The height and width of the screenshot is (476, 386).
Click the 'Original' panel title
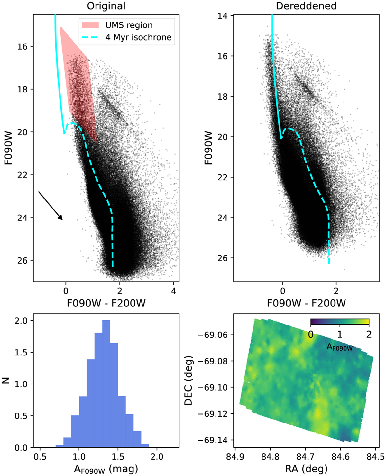pyautogui.click(x=106, y=6)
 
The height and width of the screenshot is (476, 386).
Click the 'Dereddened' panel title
pyautogui.click(x=306, y=6)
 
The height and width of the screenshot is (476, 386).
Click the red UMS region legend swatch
pyautogui.click(x=90, y=25)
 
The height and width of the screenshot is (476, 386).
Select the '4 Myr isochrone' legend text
pyautogui.click(x=138, y=37)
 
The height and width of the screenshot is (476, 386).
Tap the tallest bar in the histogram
pyautogui.click(x=106, y=384)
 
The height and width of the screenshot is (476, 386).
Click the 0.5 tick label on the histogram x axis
pyautogui.click(x=40, y=457)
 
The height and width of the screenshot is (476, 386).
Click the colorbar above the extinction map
pyautogui.click(x=340, y=322)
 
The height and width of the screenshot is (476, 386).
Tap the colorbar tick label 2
pyautogui.click(x=369, y=334)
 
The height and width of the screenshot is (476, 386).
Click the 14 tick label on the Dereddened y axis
pyautogui.click(x=223, y=16)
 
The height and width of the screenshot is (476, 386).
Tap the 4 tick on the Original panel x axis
pyautogui.click(x=174, y=291)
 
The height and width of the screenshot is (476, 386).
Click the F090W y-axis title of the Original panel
pyautogui.click(x=8, y=148)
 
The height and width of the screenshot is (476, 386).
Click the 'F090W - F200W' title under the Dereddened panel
pyautogui.click(x=306, y=303)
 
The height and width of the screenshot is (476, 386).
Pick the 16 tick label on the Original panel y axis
pyautogui.click(x=23, y=46)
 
